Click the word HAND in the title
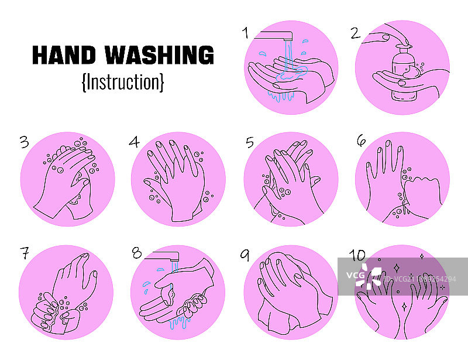click(64, 55)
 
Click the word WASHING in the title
click(159, 55)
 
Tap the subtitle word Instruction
click(123, 81)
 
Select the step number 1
click(245, 33)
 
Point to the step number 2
click(355, 33)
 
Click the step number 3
click(25, 142)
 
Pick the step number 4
click(134, 142)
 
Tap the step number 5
click(250, 142)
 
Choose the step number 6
click(361, 140)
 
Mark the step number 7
click(25, 253)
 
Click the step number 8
click(137, 253)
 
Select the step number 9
click(245, 255)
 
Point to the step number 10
click(357, 255)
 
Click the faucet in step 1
click(273, 35)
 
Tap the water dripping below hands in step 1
click(281, 96)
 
